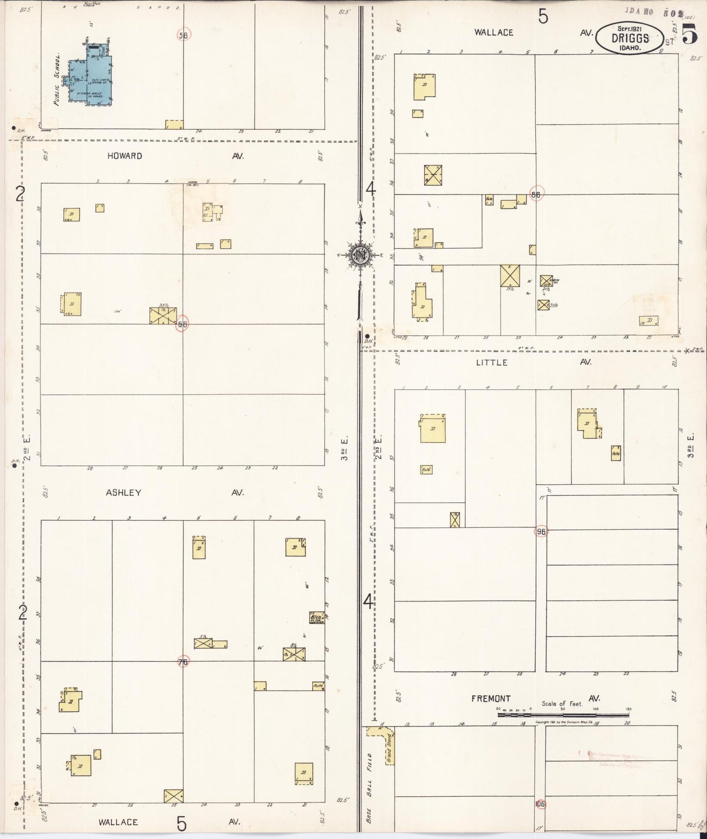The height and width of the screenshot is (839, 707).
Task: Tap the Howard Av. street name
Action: point(125,156)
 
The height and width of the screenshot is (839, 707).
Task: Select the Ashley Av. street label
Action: point(124,493)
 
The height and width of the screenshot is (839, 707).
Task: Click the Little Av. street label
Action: point(492,363)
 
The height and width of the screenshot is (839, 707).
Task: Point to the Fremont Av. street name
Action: point(491,699)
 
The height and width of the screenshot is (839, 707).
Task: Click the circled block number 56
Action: point(183,35)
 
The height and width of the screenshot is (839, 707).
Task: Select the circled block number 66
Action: point(182,324)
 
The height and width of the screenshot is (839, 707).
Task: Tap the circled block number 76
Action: point(183,662)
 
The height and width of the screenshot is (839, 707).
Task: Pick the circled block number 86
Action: point(536,194)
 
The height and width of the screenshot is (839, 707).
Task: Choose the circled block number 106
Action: point(540,804)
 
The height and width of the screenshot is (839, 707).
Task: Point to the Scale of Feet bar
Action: point(563,715)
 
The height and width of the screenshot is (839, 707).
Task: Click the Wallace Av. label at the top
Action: point(494,33)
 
